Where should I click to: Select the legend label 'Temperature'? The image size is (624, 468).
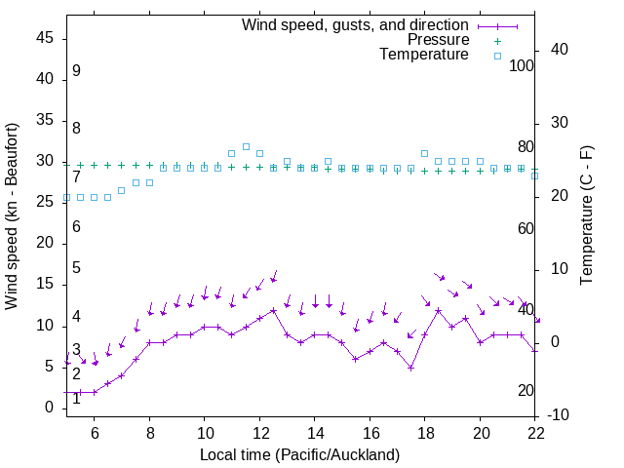(424, 55)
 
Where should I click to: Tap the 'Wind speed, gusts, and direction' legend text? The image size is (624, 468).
(355, 24)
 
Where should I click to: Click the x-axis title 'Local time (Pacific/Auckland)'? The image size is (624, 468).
(299, 454)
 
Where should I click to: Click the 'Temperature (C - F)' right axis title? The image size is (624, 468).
(586, 216)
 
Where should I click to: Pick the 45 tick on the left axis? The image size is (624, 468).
(45, 38)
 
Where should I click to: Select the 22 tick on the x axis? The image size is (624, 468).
(535, 432)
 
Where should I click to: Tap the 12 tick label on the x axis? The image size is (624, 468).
(259, 432)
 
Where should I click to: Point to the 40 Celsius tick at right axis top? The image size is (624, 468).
(560, 50)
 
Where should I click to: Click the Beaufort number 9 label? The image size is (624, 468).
(76, 71)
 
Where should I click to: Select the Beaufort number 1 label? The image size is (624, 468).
(76, 398)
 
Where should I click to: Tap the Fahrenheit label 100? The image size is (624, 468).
(523, 65)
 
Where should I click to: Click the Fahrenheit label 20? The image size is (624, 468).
(526, 390)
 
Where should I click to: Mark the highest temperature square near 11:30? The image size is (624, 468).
(246, 146)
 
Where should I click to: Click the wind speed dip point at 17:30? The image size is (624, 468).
(411, 368)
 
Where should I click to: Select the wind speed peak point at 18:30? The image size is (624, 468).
(439, 310)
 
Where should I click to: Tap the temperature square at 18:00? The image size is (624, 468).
(425, 153)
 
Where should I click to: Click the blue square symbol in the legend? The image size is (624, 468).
(497, 56)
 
